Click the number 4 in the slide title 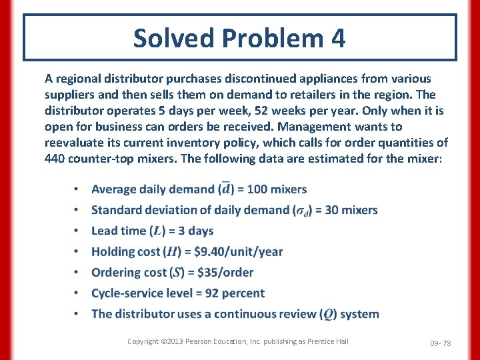click(x=337, y=39)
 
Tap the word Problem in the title click(x=270, y=39)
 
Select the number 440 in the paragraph click(x=55, y=159)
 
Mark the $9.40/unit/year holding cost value click(x=229, y=251)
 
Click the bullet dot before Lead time click(x=78, y=231)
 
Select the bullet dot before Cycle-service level click(x=78, y=293)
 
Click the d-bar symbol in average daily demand click(x=226, y=189)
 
